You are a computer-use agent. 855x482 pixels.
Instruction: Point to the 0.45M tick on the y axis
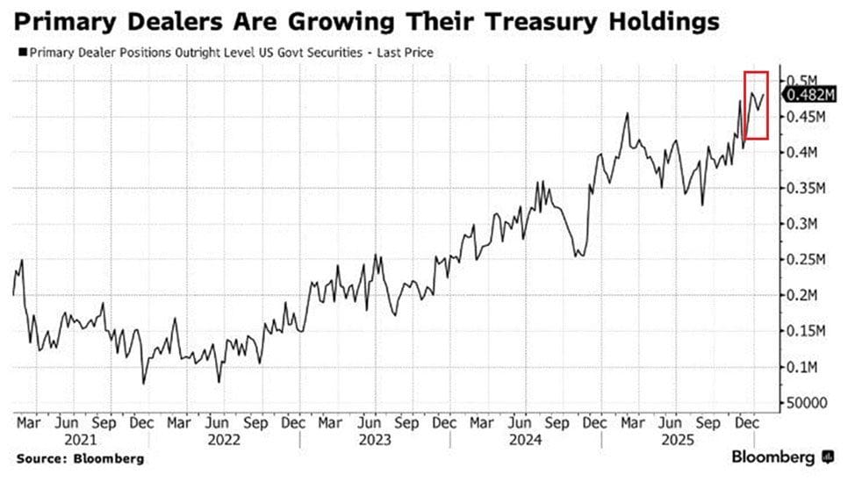pos(806,117)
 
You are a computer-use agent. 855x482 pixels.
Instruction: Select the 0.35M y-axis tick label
pos(806,188)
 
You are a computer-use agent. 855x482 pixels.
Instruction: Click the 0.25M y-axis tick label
pos(806,260)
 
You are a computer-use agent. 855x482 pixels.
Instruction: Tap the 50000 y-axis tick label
pos(805,403)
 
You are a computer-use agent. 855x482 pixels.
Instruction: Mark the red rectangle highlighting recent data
pos(756,104)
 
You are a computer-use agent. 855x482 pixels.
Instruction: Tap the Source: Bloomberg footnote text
pos(79,458)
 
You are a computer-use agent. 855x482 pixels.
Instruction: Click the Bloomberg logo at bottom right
pos(781,457)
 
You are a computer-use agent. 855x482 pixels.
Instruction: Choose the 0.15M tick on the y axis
pos(806,331)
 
